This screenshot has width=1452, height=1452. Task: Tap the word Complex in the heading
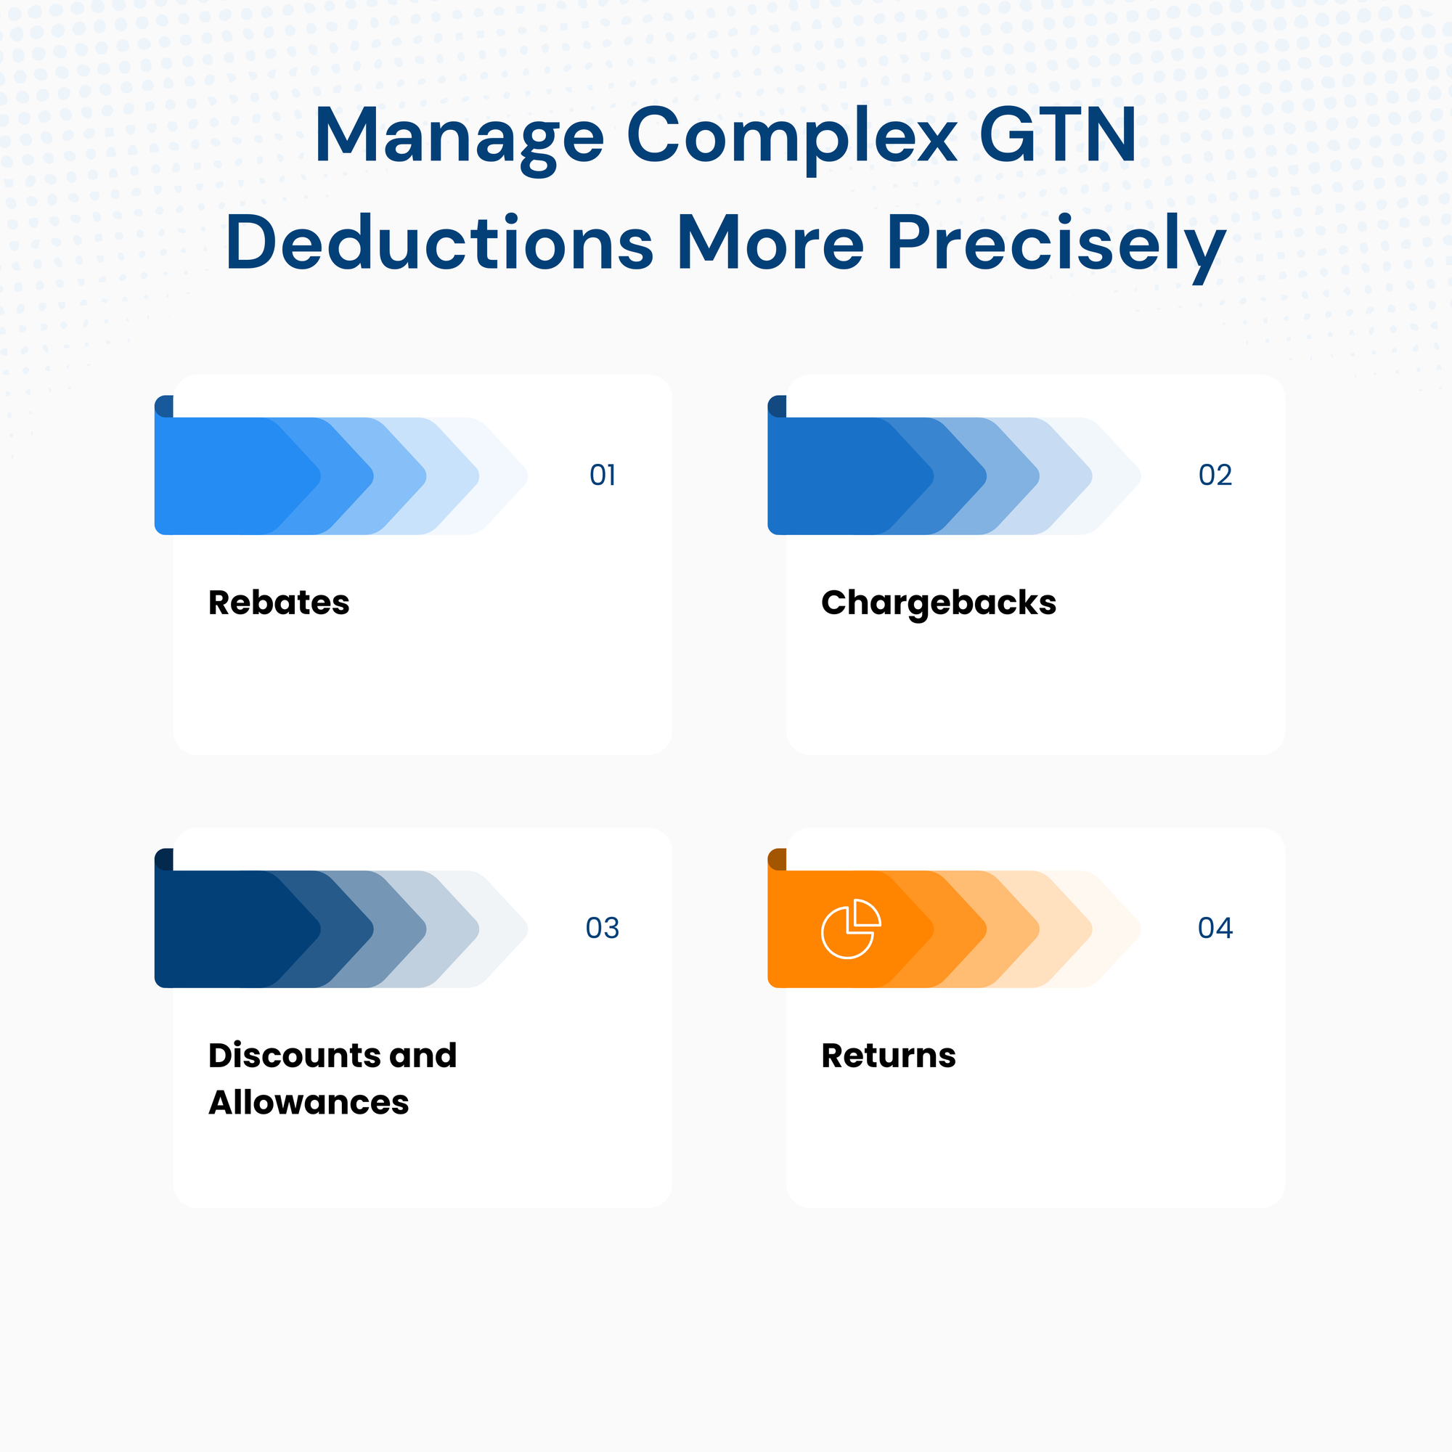click(x=791, y=136)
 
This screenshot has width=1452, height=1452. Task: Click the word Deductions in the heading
click(x=440, y=242)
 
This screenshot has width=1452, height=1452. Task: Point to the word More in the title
click(x=770, y=242)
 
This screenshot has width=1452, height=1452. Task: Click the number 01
click(x=603, y=475)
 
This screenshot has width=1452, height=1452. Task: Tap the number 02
click(x=1215, y=475)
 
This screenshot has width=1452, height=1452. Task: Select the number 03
click(x=603, y=928)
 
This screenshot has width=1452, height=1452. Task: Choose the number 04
click(x=1215, y=928)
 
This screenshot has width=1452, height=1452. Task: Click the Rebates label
click(x=279, y=603)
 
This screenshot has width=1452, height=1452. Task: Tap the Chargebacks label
click(x=939, y=603)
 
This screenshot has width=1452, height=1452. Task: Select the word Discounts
click(x=294, y=1055)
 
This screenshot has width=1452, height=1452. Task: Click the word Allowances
click(x=309, y=1103)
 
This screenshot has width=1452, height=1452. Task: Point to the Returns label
click(x=889, y=1055)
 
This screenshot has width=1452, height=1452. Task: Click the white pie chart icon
click(x=850, y=929)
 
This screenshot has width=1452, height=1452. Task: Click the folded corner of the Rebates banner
click(x=165, y=407)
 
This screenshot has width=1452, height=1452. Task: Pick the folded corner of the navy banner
click(x=165, y=860)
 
